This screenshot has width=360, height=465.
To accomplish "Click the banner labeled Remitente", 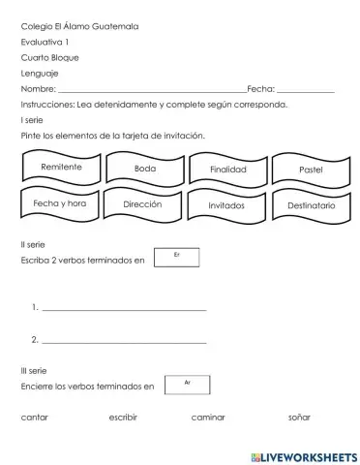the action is pos(62,169).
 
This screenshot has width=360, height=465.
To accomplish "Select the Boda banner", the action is pos(145,170).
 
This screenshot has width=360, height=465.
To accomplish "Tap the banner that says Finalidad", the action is pos(228,170).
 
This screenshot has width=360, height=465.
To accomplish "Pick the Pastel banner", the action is pos(311,170).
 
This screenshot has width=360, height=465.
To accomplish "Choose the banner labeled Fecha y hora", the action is pos(60,204).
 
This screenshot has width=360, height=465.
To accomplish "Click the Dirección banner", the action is pos(142,205).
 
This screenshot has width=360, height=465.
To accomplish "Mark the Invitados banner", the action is pos(226,206).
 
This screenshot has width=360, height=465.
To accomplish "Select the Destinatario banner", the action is pos(311,206).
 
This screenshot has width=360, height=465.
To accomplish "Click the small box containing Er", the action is pos(177,257).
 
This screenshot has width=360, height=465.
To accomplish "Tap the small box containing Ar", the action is pos(187,385).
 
